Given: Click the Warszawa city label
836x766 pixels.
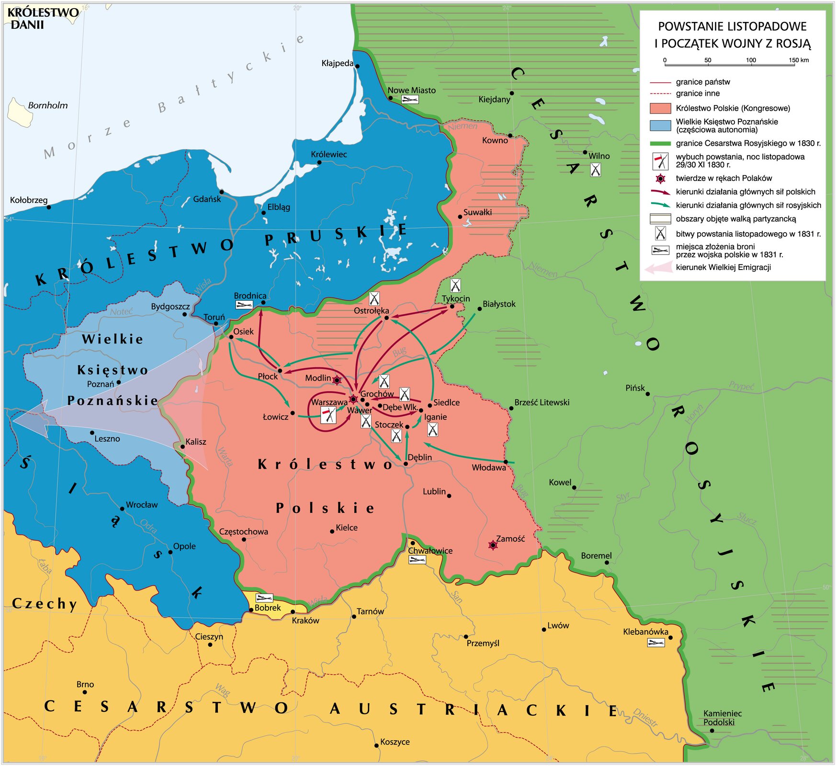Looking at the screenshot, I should tap(329, 402).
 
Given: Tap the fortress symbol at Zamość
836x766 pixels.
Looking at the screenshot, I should tap(493, 545).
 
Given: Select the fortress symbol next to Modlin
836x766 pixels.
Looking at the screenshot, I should tap(337, 380).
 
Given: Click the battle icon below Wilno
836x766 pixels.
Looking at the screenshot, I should tap(595, 170).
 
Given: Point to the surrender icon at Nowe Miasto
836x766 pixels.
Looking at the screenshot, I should tap(410, 100).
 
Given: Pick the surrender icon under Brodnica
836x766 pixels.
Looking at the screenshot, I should tap(244, 305).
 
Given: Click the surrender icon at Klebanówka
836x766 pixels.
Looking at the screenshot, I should tap(656, 642).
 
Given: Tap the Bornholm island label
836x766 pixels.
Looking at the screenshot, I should tap(47, 105).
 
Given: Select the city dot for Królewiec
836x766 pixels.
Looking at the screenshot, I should tap(319, 162).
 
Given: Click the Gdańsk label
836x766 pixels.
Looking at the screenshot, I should tap(207, 199).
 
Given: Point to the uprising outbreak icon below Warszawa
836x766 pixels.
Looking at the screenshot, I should tap(328, 415).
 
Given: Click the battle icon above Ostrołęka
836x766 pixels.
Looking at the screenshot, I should tap(374, 299).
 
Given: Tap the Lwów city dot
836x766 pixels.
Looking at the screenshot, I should tap(544, 629).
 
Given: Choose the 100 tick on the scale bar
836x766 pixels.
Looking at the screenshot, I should tap(751, 64).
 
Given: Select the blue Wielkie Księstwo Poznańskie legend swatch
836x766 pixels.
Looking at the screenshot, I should tap(660, 126).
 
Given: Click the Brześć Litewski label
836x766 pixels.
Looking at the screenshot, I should tap(542, 402).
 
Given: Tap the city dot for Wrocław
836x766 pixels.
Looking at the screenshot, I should tap(122, 509).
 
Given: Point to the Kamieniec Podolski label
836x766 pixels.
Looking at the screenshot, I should tap(722, 718).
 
